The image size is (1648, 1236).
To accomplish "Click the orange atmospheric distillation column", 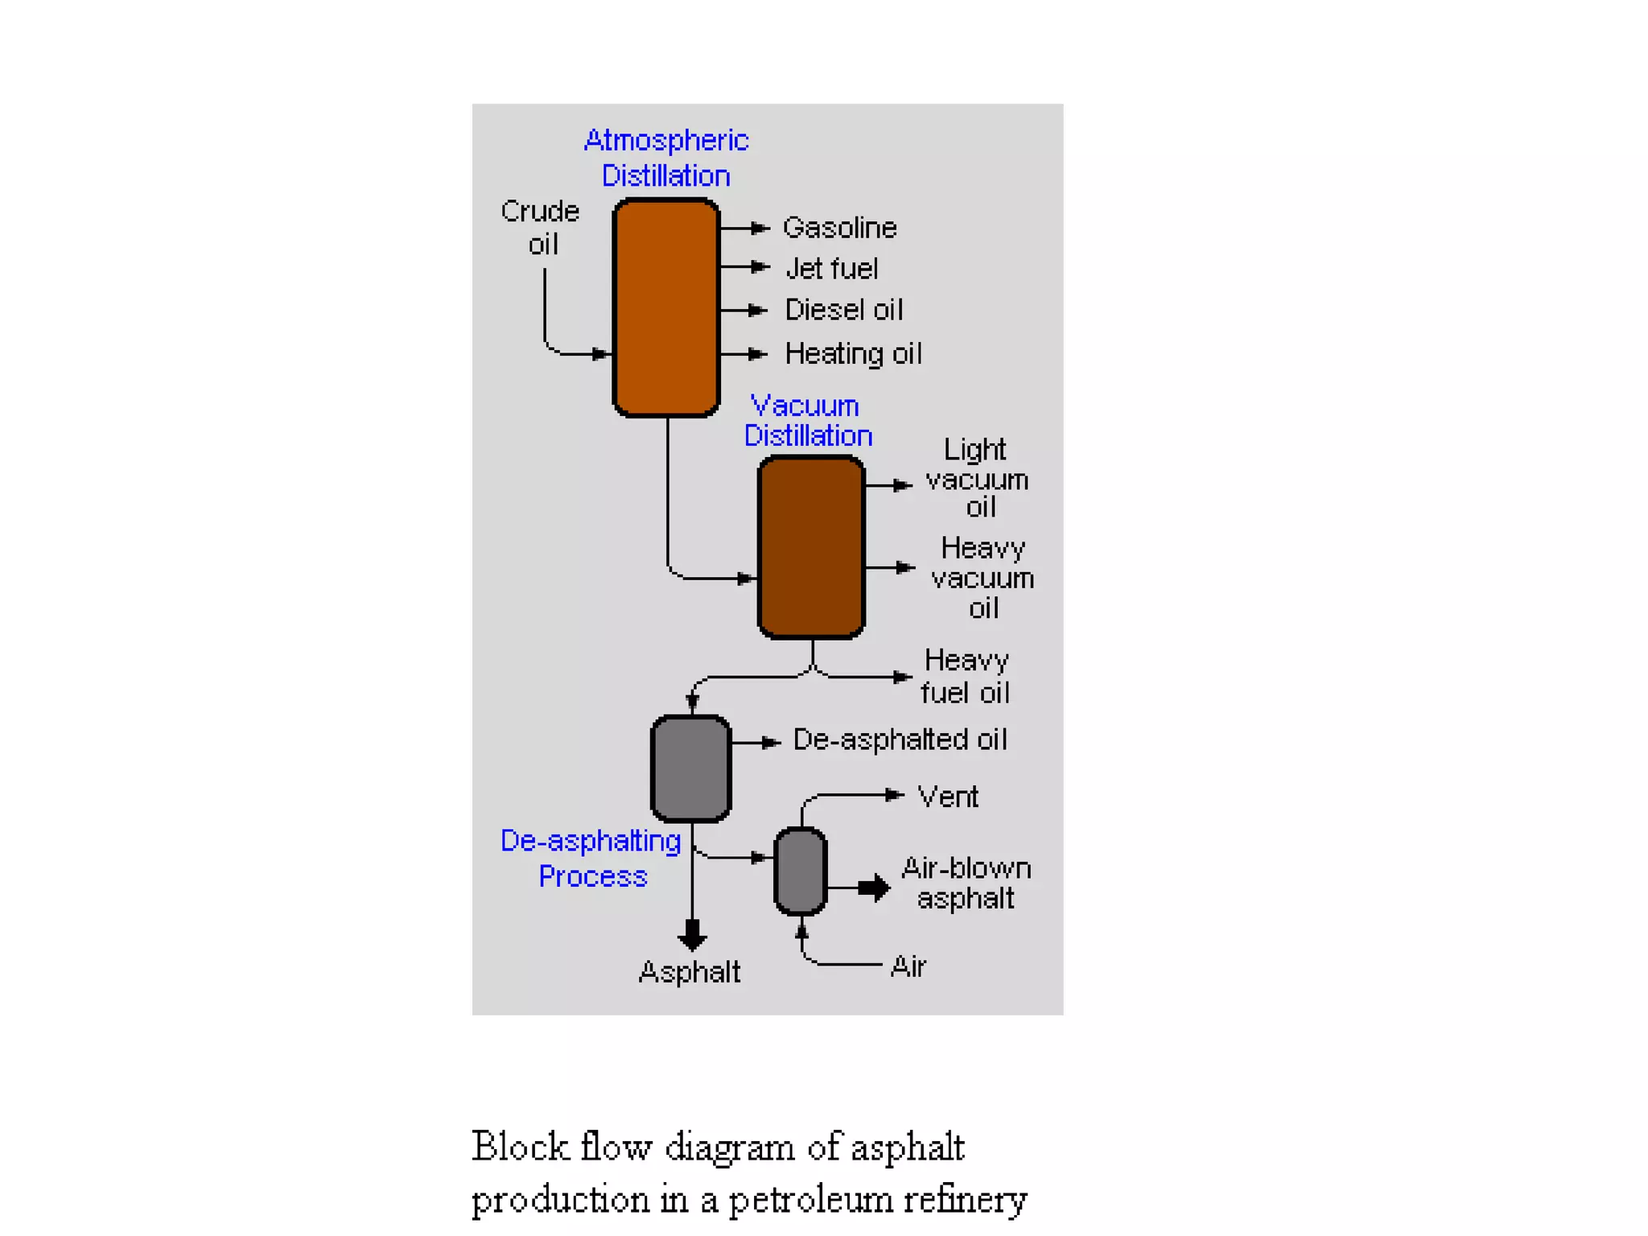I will click(665, 307).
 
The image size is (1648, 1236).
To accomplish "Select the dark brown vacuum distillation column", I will click(811, 547).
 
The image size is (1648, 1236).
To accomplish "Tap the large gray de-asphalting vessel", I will click(690, 768).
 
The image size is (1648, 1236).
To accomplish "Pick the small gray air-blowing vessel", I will click(800, 871).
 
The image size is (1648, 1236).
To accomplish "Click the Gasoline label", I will click(839, 228).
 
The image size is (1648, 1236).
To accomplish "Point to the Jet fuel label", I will click(831, 269).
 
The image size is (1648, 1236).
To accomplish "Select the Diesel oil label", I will click(843, 310).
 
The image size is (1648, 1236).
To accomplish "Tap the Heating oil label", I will click(853, 354).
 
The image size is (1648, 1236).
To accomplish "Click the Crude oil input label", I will click(541, 228).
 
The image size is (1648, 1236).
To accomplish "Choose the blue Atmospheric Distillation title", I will click(666, 158).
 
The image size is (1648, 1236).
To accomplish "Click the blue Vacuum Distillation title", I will click(807, 420).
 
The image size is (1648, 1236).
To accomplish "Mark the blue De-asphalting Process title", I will click(591, 858).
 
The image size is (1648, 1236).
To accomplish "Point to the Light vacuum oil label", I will click(977, 479).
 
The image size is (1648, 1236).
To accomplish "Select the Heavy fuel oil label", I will click(965, 676).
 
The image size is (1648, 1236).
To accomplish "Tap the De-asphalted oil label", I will click(899, 740).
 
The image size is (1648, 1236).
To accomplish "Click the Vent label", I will click(947, 797).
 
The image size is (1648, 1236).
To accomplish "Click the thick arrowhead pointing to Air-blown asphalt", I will click(875, 888).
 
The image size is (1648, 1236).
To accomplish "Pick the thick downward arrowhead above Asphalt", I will click(692, 936).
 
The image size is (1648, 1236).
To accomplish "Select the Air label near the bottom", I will click(908, 966).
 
